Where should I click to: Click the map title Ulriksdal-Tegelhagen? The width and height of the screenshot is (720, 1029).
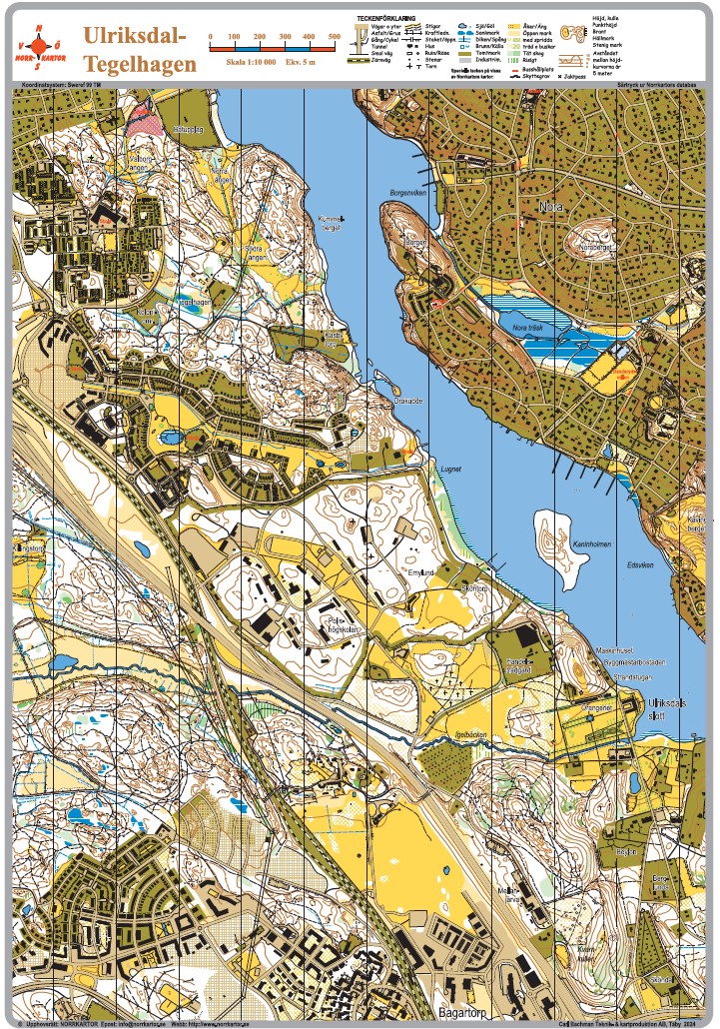135,49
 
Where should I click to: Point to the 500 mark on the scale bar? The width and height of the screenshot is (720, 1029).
334,36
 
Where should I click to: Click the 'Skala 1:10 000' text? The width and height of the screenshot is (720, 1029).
247,62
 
